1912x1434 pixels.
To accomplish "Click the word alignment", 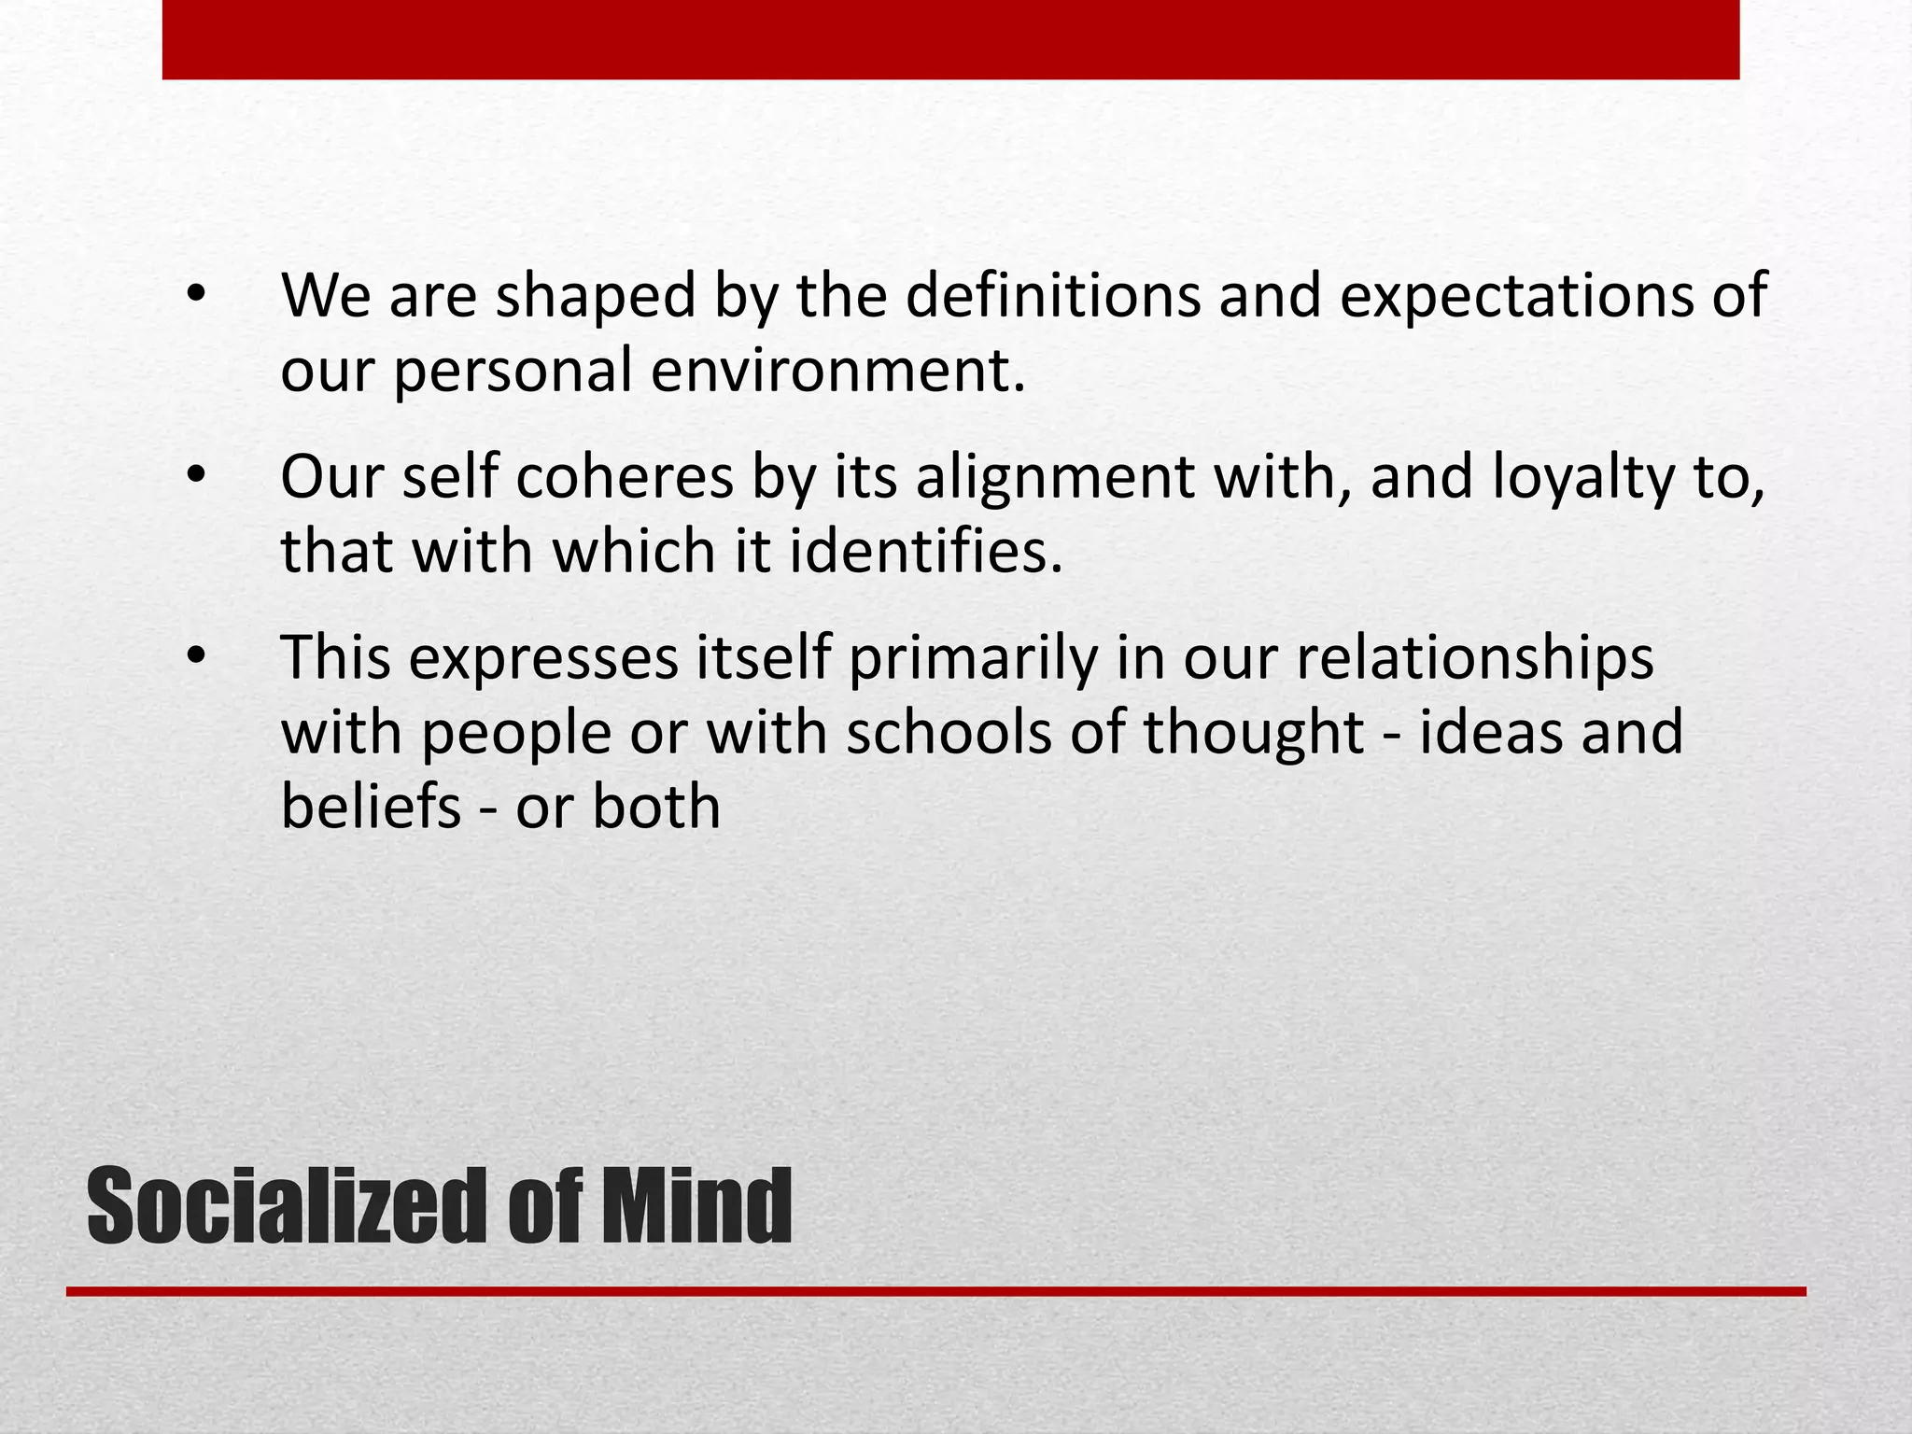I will click(1054, 479).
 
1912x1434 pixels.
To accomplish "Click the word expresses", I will click(543, 659).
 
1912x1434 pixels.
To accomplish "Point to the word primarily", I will click(973, 659).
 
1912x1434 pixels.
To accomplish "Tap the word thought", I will click(1253, 733).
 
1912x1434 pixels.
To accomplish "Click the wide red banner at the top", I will click(950, 39).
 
